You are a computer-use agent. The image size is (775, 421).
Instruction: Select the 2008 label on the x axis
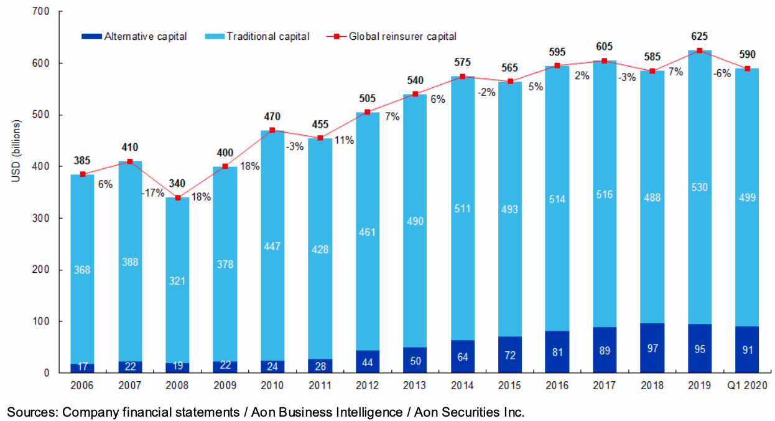[177, 386]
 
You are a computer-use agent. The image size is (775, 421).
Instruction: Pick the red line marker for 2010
[272, 130]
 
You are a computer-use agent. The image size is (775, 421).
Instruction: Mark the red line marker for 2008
[177, 197]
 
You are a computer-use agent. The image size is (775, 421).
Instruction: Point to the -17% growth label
[152, 193]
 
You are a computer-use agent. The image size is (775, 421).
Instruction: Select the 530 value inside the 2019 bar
[699, 187]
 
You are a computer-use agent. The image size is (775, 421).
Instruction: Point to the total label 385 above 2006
[82, 161]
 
